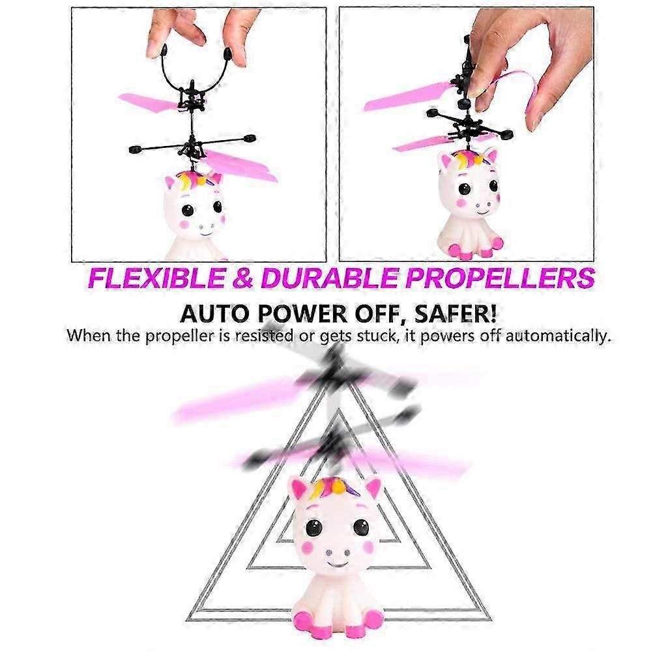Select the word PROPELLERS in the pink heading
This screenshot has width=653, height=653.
point(501,279)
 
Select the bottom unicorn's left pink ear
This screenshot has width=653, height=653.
point(298,490)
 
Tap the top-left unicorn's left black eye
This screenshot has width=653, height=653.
point(187,210)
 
